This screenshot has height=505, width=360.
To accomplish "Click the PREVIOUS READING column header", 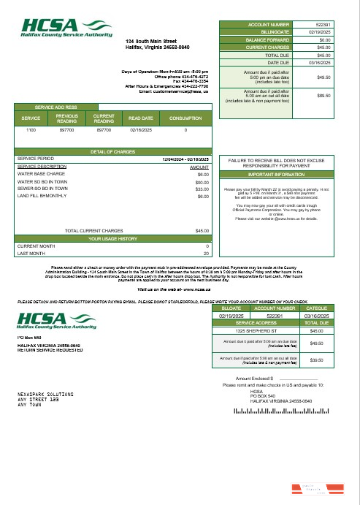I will point(67,118).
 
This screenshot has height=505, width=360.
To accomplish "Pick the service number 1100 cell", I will point(31,129).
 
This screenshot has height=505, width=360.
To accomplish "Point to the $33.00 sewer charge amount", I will point(202,189).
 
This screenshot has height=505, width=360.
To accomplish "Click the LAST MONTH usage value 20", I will point(207,253).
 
